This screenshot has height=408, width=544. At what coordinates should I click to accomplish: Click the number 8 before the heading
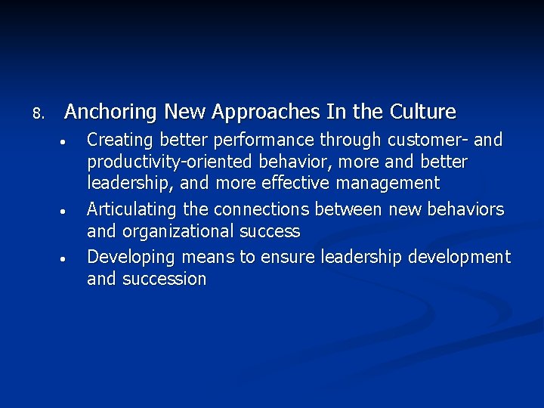click(39, 114)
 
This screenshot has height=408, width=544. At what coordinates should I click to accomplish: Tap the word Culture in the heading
click(423, 113)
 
